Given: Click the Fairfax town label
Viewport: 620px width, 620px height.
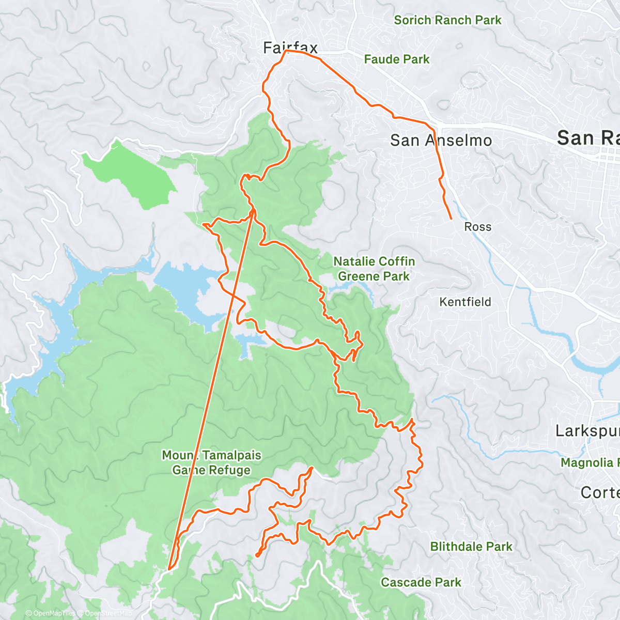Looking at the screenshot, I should click(290, 48).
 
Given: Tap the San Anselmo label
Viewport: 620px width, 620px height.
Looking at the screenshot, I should click(441, 140).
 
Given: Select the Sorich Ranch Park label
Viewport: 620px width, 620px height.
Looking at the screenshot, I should click(447, 20).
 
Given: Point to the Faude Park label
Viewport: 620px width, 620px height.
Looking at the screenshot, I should click(396, 59).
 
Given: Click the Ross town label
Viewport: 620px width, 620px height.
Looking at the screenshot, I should click(477, 227).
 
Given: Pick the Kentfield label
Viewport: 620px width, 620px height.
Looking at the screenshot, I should click(465, 302).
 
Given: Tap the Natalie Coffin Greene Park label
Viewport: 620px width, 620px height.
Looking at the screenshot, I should click(374, 269).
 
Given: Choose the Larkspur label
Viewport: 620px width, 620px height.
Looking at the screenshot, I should click(587, 431).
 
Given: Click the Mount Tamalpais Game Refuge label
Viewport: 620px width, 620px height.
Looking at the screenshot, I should click(211, 462).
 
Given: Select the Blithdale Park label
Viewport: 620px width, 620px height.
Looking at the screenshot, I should click(471, 547).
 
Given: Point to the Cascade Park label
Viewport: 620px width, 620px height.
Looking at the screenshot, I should click(421, 582).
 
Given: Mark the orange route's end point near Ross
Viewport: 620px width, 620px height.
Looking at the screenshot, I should click(452, 219).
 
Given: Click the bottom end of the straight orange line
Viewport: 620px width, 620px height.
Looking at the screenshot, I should click(169, 569).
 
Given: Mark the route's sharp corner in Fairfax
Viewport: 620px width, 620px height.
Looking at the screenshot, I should click(286, 51).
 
